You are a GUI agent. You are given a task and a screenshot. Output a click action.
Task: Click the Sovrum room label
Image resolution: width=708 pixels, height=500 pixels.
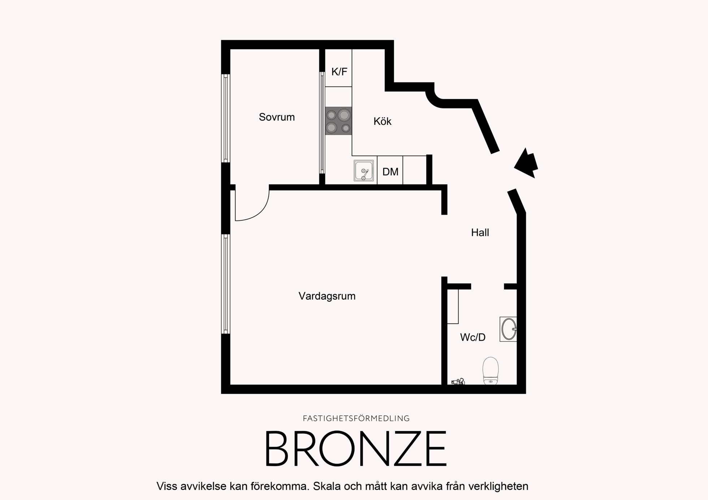coord(277,117)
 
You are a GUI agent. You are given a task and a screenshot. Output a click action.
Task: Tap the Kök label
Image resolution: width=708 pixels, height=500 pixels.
coord(382,121)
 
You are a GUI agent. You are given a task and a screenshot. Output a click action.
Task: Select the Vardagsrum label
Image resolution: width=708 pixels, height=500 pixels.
coord(327,296)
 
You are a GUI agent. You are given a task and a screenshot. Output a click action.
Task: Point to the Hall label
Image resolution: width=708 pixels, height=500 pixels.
coord(480,233)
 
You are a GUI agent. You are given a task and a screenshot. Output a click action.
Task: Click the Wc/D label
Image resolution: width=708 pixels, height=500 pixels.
coord(472,337)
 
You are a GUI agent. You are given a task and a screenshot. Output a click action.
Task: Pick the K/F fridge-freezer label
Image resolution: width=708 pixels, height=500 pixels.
coord(339,72)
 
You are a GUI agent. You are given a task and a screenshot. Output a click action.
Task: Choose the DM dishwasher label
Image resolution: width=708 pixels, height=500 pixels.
coord(390,172)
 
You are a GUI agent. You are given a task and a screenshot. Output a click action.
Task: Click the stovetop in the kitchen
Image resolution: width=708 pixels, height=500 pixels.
coord(338,121)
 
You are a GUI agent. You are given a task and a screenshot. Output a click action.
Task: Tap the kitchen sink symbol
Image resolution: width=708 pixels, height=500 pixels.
coord(364,171)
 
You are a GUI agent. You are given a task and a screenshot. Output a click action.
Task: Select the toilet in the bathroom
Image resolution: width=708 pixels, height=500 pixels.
coord(491,371)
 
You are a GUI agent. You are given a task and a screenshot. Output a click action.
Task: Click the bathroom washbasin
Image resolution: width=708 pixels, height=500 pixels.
coord(508,329)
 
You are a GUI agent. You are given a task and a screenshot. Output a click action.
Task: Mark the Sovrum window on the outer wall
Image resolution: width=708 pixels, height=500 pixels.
coord(226,118)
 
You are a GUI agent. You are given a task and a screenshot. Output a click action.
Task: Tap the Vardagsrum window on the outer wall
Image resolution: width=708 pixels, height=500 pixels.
coord(226,284)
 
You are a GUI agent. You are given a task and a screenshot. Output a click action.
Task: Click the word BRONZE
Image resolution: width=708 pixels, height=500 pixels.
coord(356,449)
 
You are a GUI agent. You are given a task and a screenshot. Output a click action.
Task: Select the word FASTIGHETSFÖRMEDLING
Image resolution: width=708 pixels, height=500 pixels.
coord(356,418)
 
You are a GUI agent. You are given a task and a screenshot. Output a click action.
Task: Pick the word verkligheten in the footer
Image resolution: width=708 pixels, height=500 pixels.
coord(498,487)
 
